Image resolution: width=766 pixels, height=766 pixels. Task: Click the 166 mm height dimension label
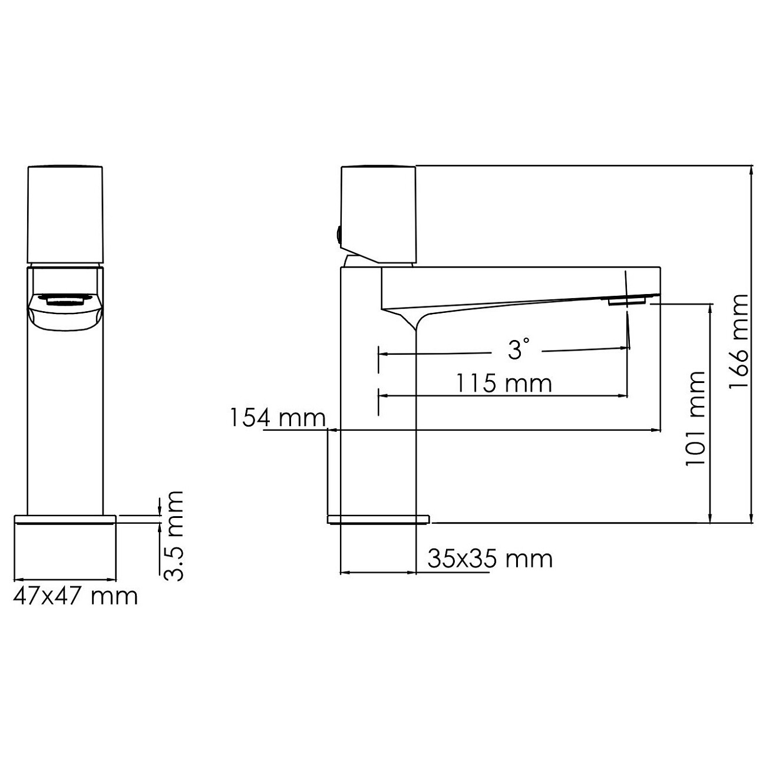click(739, 342)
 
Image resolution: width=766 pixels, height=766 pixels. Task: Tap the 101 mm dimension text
click(696, 418)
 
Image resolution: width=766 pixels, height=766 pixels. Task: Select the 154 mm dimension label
click(277, 418)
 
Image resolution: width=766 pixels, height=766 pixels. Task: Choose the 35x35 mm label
click(490, 559)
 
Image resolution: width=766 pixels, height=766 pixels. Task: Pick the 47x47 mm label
click(75, 596)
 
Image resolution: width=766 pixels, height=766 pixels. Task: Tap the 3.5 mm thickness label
click(173, 536)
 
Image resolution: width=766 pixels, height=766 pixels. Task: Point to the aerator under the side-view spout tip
click(627, 302)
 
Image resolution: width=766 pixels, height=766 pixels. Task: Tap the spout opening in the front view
click(65, 300)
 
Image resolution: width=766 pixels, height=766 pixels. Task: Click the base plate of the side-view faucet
click(378, 519)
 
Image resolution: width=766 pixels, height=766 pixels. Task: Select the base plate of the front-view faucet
click(64, 519)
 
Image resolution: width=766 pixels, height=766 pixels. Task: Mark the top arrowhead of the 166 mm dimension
click(752, 171)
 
